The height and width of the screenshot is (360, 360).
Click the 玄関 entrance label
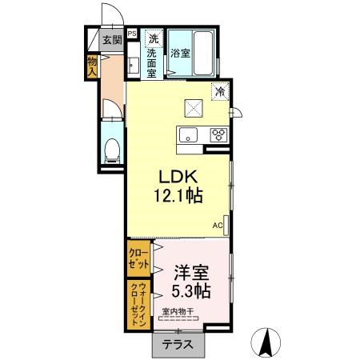pyautogui.click(x=112, y=40)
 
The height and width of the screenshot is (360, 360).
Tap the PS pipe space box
pyautogui.click(x=132, y=34)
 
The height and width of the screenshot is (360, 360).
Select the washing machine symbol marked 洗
pyautogui.click(x=154, y=39)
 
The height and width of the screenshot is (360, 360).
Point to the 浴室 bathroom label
pyautogui.click(x=180, y=53)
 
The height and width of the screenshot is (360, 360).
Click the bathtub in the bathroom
pyautogui.click(x=203, y=54)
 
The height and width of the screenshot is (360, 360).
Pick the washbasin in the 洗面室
pyautogui.click(x=133, y=65)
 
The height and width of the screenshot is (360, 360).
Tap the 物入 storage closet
pyautogui.click(x=92, y=66)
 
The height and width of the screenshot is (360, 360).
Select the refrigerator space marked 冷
pyautogui.click(x=220, y=92)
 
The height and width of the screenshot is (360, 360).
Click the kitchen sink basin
pyautogui.click(x=188, y=135)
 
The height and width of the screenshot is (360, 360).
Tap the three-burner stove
pyautogui.click(x=218, y=134)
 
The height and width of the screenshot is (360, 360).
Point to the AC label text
pyautogui.click(x=218, y=226)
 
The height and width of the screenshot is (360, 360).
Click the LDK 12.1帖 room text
pyautogui.click(x=178, y=186)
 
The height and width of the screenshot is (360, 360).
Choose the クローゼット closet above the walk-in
pyautogui.click(x=138, y=258)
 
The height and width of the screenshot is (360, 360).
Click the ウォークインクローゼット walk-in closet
pyautogui.click(x=138, y=305)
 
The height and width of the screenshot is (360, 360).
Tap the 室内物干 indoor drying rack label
pyautogui.click(x=178, y=311)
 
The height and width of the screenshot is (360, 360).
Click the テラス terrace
pyautogui.click(x=178, y=345)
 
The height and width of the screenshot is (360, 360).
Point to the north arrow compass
pyautogui.click(x=266, y=342)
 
